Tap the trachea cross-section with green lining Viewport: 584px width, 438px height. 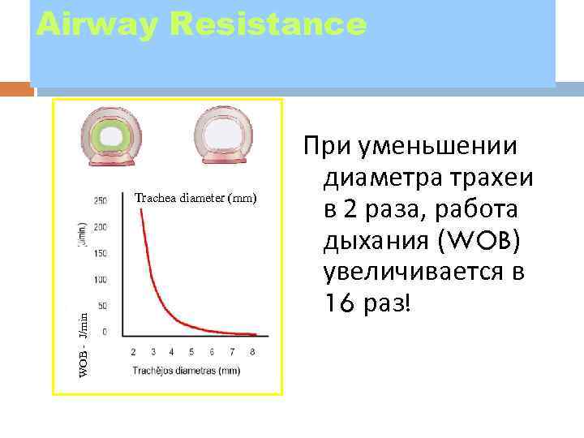tap(109, 135)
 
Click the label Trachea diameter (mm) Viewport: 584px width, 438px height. tap(195, 197)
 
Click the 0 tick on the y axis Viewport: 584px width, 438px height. tap(105, 333)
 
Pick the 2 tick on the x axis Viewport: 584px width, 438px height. tap(133, 352)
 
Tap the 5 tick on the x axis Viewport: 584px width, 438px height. tap(191, 352)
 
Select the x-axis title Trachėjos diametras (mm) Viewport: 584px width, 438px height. tap(188, 371)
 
